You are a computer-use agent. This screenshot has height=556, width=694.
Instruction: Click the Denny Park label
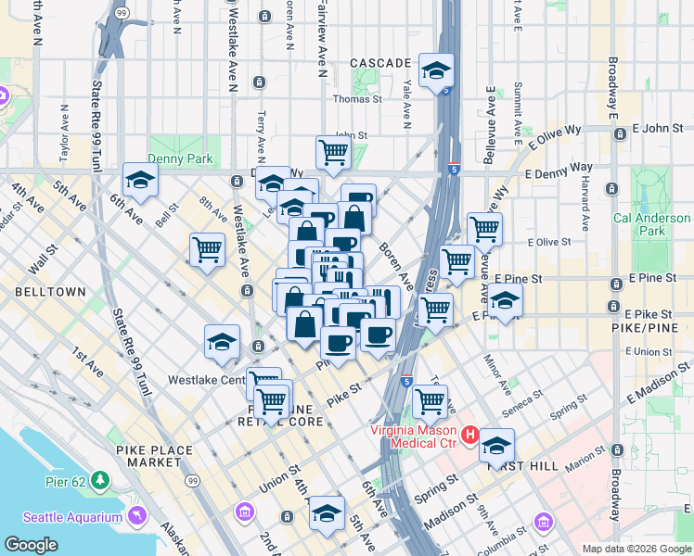(x=180, y=159)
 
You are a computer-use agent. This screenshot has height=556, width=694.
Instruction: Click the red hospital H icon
(x=470, y=434)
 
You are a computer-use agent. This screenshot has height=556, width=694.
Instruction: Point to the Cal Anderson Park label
(x=652, y=224)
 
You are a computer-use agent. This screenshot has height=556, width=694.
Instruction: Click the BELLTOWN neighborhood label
(x=50, y=291)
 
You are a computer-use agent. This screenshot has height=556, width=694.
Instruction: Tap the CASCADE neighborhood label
(x=380, y=63)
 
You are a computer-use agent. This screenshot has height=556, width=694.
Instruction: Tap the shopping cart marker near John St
(x=332, y=152)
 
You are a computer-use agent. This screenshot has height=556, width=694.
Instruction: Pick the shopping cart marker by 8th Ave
(x=207, y=249)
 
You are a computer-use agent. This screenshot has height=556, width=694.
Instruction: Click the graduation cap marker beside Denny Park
(x=140, y=180)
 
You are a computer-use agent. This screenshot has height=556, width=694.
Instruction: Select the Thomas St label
(x=357, y=99)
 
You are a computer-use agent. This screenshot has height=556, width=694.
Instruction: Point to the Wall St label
(x=43, y=259)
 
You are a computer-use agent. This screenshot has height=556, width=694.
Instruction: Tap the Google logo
(x=31, y=545)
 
